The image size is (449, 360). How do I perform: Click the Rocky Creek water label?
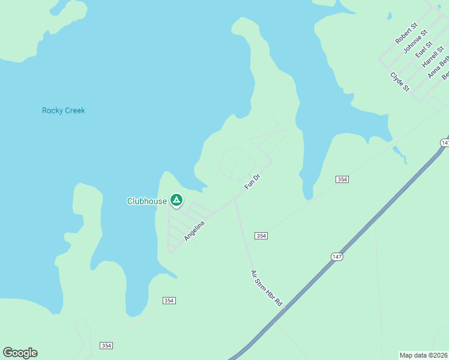point(64,110)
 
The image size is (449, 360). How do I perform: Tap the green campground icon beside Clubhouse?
point(176,200)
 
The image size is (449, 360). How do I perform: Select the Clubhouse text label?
point(146,202)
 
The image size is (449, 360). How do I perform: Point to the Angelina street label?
point(194,231)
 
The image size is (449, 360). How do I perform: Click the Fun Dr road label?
point(251,182)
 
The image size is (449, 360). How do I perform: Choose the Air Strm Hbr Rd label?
point(267,289)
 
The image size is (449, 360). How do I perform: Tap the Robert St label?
point(406,34)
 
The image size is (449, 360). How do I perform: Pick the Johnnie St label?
point(415,42)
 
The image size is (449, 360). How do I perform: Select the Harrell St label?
point(431,57)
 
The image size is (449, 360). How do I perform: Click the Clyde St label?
point(400,82)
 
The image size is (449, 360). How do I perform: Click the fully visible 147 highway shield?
point(337,256)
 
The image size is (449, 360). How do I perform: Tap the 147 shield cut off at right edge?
point(445,143)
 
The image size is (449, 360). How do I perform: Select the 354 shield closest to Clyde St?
point(342,179)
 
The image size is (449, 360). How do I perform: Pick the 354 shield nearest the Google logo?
point(106,346)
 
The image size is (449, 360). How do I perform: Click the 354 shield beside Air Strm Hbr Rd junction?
point(261,236)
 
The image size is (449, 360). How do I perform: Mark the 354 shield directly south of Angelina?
point(169,300)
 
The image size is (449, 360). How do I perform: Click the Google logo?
point(20,353)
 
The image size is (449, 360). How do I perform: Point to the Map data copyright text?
point(423,355)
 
